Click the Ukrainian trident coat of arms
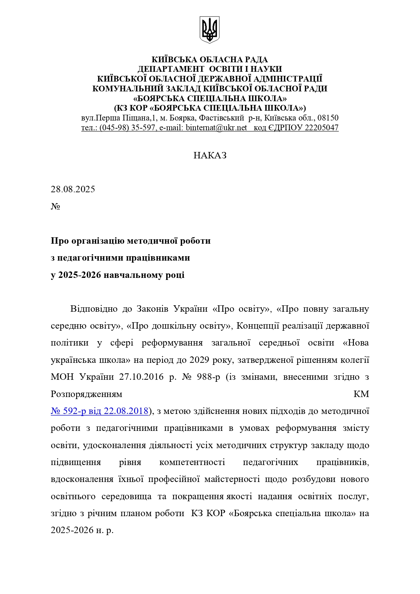209,30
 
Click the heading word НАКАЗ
210,155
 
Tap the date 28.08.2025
73,189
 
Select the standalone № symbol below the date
55,206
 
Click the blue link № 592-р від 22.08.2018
100,411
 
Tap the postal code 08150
328,118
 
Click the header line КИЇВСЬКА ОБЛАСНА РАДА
209,60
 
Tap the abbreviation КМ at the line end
361,394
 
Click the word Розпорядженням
86,394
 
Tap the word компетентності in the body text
192,462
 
